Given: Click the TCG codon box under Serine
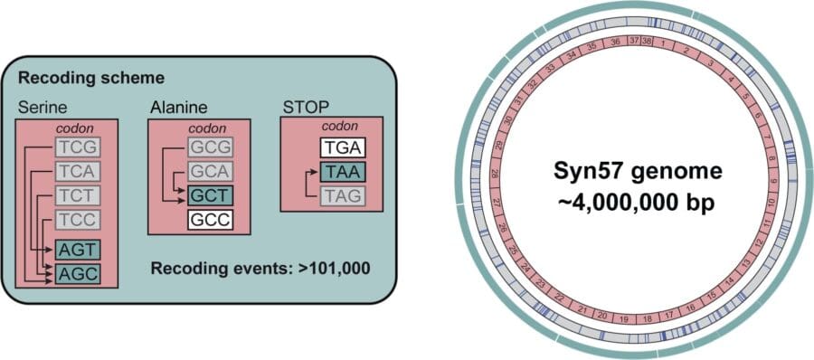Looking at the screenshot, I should tap(76, 145).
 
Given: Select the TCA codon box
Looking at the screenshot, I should tap(76, 170).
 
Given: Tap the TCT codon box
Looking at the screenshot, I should tap(76, 194).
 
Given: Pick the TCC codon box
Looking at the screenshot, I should tap(76, 219).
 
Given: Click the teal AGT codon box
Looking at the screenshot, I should tap(76, 249).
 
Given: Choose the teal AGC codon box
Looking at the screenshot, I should tap(76, 273).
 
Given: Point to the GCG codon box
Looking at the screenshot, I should tap(211, 145).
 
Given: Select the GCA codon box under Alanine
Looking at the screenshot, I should tap(211, 170).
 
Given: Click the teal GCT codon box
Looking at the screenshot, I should tap(211, 194).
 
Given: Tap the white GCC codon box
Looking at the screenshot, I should tap(211, 219).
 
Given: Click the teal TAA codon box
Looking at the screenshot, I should tap(341, 171).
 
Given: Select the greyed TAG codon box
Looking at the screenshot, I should tap(341, 194).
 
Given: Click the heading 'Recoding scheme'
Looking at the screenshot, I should tap(90, 78).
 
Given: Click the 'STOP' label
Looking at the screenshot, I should tap(304, 108).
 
